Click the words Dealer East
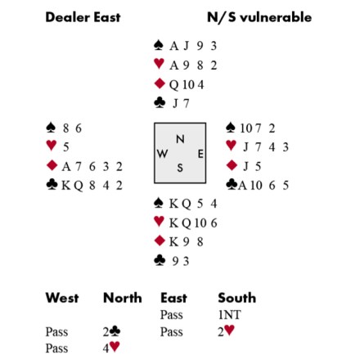83,17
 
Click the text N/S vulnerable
259,17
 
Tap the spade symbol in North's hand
159,45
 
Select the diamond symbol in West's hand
52,165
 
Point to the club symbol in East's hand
232,184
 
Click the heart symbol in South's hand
159,222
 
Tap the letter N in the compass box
180,139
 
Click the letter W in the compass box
162,154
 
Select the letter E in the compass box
200,154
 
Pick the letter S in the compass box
180,168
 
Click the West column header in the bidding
62,298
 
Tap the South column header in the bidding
237,298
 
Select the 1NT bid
229,315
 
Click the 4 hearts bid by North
111,348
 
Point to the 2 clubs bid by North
111,331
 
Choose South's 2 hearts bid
226,331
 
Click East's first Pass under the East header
171,315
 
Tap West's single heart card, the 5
66,147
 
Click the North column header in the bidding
123,298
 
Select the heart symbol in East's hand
232,145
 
